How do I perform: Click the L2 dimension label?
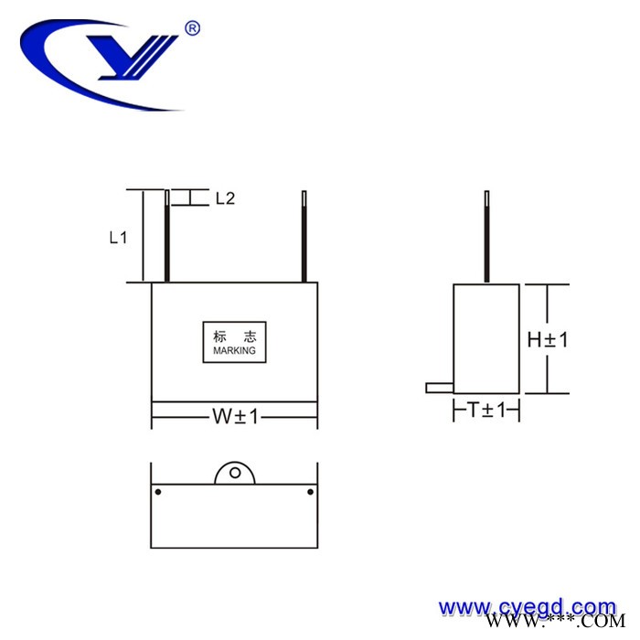click(225, 197)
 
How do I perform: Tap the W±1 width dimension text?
click(235, 417)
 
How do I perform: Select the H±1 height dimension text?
click(548, 339)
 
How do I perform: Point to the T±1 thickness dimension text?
click(486, 411)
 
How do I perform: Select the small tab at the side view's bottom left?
click(440, 388)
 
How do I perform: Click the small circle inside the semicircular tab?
click(235, 474)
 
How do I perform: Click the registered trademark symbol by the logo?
click(192, 28)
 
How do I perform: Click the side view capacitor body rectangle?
click(486, 339)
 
